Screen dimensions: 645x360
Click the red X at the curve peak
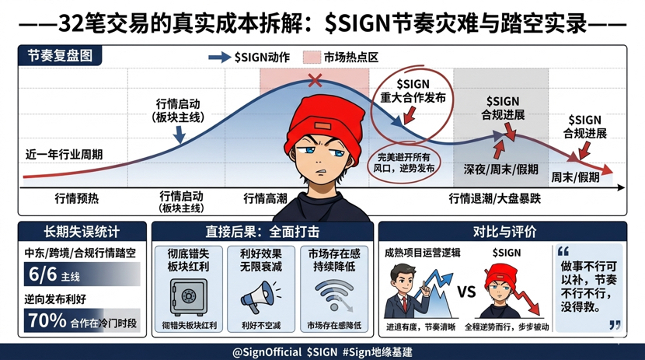[x=315, y=79]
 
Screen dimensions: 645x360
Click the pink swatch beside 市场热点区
[x=311, y=57]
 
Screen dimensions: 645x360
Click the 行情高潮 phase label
[x=265, y=198]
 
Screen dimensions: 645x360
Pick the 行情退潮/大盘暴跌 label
[x=494, y=198]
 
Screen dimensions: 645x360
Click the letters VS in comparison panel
[x=466, y=292]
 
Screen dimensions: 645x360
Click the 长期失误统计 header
[x=82, y=232]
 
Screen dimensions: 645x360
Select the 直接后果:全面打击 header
[x=263, y=232]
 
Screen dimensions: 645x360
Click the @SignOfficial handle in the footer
[x=267, y=351]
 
